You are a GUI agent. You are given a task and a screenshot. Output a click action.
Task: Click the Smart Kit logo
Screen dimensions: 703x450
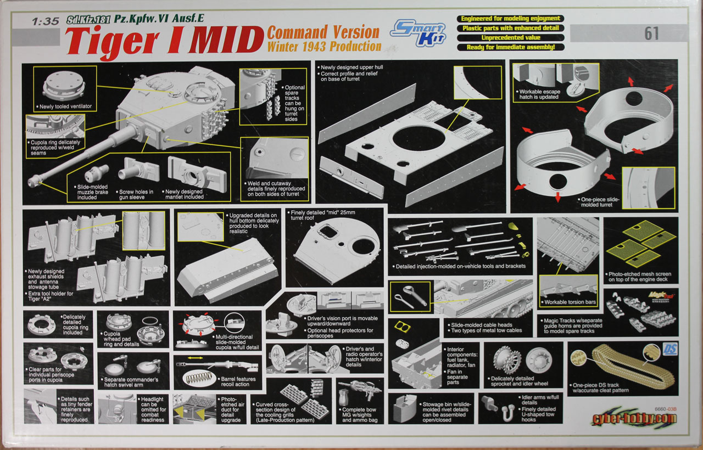[418, 32]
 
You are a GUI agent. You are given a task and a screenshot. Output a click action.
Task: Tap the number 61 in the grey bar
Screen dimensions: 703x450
[651, 34]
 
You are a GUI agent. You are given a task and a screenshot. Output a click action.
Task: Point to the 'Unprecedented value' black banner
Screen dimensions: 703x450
[510, 38]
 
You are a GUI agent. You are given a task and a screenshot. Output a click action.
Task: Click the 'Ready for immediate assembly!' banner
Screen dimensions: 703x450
[510, 47]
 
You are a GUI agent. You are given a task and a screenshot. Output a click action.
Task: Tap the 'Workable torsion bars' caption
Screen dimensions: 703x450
[570, 302]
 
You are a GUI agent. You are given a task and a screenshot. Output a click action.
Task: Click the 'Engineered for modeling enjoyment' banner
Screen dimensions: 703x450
[510, 19]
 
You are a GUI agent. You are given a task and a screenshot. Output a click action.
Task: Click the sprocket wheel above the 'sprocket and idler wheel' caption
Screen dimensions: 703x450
[506, 361]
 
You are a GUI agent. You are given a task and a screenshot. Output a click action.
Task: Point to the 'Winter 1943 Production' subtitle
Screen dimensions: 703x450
[324, 47]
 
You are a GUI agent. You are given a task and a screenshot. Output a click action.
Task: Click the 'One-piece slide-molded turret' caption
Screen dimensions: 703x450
[600, 203]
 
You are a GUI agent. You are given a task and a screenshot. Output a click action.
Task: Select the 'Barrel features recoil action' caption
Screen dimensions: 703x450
[235, 381]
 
